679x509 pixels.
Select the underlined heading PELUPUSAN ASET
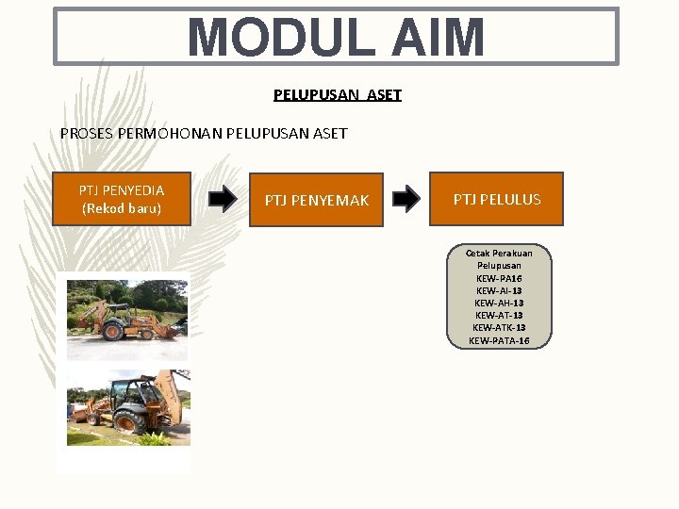coord(338,95)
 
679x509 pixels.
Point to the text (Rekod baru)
coord(122,207)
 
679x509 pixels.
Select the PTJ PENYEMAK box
coord(316,200)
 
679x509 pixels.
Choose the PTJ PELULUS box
coord(496,199)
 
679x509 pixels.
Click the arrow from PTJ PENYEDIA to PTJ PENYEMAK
coord(223,199)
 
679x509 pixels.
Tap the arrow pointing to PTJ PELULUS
coord(406,199)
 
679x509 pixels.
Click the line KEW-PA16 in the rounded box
coord(499,278)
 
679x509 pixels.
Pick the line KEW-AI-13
coord(499,290)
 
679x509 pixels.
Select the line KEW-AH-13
coord(499,303)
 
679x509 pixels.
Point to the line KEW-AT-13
coord(499,315)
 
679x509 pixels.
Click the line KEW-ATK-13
coord(499,327)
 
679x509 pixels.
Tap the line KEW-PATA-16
coord(499,339)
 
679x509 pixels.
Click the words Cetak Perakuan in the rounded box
coord(499,253)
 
